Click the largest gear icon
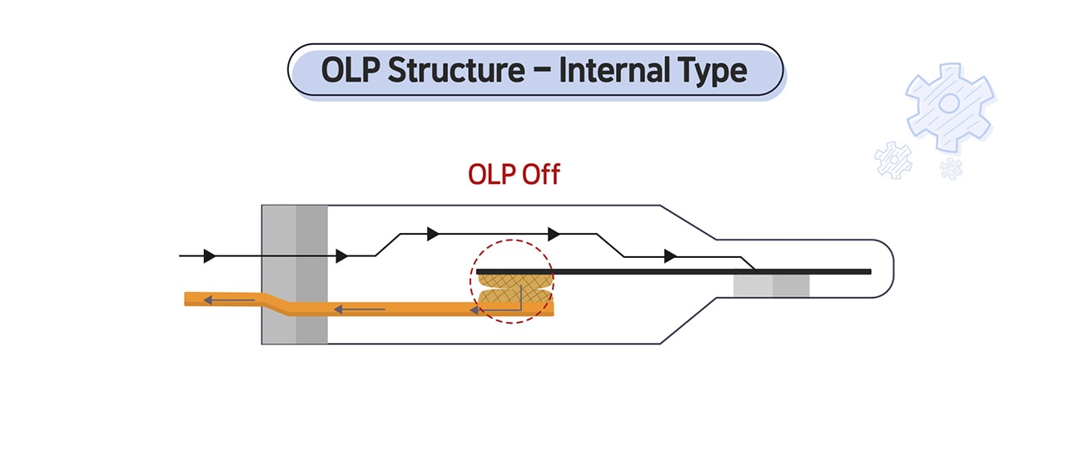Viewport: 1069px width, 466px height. pos(949,106)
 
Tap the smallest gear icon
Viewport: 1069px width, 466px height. pos(951,169)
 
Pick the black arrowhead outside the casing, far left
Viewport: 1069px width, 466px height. pos(210,255)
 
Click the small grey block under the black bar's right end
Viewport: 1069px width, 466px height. pos(771,285)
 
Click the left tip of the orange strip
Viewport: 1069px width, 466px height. pos(187,299)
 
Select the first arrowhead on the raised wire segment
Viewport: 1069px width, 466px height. pos(432,234)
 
